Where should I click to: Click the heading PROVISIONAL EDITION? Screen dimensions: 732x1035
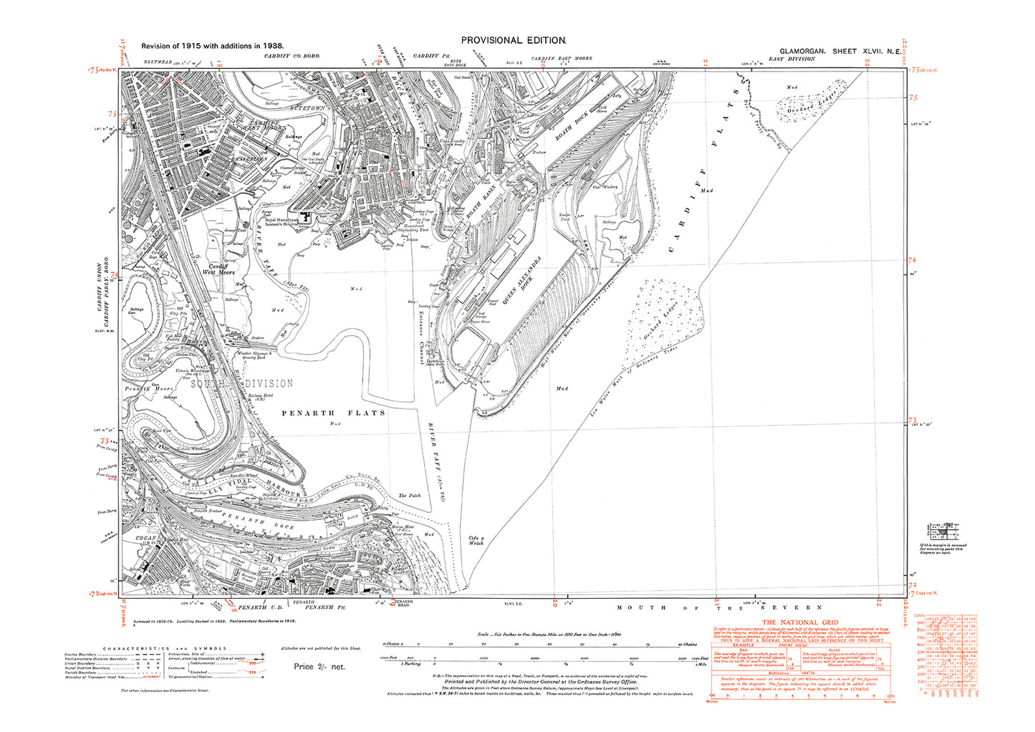pyautogui.click(x=514, y=41)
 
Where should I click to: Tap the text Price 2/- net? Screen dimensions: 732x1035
pyautogui.click(x=319, y=666)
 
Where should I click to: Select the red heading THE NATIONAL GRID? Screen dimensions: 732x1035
pyautogui.click(x=799, y=622)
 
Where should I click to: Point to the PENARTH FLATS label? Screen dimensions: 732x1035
pyautogui.click(x=333, y=413)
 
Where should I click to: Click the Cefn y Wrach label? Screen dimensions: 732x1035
pyautogui.click(x=476, y=539)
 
